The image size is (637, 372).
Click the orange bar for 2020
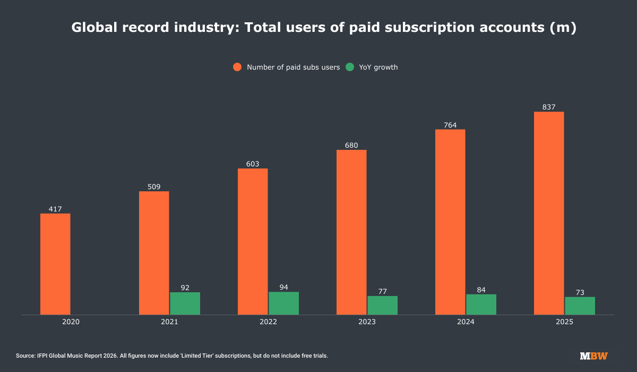(55, 264)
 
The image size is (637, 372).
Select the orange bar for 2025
(549, 213)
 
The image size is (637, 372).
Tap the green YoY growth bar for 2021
(185, 303)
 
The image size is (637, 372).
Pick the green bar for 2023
(382, 306)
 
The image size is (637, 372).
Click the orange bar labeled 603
(253, 242)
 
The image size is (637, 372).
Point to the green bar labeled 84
(481, 305)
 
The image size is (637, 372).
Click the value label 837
(549, 107)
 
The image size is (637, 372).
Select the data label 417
(55, 209)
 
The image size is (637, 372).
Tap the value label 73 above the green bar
(580, 292)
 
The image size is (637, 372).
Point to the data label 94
(283, 288)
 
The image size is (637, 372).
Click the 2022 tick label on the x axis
(268, 322)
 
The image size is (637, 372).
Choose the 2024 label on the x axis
(466, 322)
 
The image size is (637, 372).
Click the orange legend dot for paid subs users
(237, 67)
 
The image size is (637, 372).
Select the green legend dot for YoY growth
(350, 67)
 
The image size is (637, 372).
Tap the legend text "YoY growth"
(378, 67)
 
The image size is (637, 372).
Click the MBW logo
(594, 356)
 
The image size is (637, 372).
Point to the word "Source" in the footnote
(25, 356)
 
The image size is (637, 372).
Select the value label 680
(351, 146)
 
